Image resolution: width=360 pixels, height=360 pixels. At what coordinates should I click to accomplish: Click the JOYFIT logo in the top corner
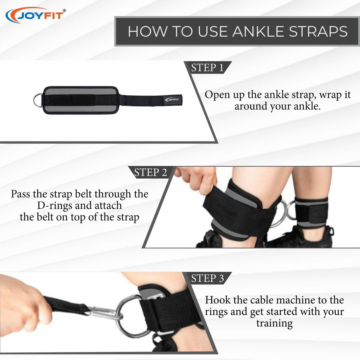(x=35, y=15)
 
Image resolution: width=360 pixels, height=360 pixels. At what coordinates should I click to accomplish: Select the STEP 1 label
(x=207, y=67)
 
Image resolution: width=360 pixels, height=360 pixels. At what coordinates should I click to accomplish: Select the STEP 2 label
(x=150, y=172)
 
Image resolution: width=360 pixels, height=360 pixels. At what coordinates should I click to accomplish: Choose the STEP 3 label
(x=207, y=278)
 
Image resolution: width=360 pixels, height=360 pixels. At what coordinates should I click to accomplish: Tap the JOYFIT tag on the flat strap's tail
(x=172, y=99)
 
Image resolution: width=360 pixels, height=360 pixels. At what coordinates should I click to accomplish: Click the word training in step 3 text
(x=274, y=323)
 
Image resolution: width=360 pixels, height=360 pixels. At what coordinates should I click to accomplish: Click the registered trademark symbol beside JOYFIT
(x=64, y=11)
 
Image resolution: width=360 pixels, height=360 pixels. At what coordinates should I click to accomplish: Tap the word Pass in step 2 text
(x=20, y=194)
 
